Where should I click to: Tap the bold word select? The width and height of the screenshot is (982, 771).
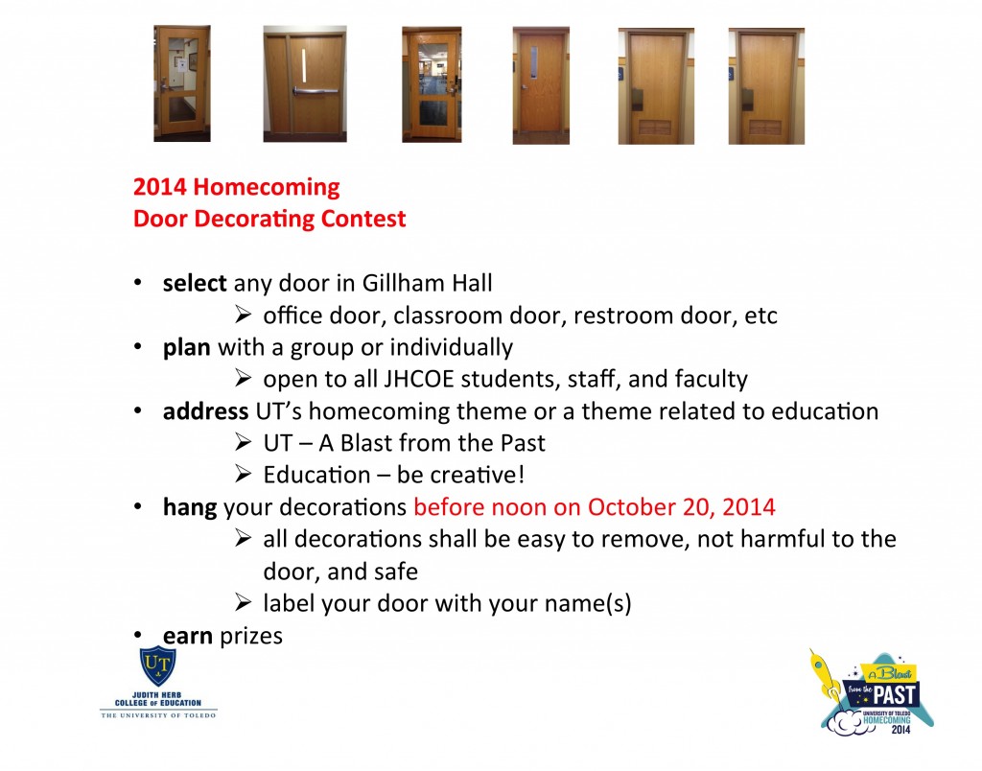pos(195,284)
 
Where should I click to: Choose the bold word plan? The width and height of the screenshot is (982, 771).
pos(186,347)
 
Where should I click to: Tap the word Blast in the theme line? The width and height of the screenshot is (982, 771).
pos(366,443)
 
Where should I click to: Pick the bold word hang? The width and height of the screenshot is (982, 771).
pos(189,507)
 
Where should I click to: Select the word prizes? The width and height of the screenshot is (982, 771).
pos(250,635)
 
